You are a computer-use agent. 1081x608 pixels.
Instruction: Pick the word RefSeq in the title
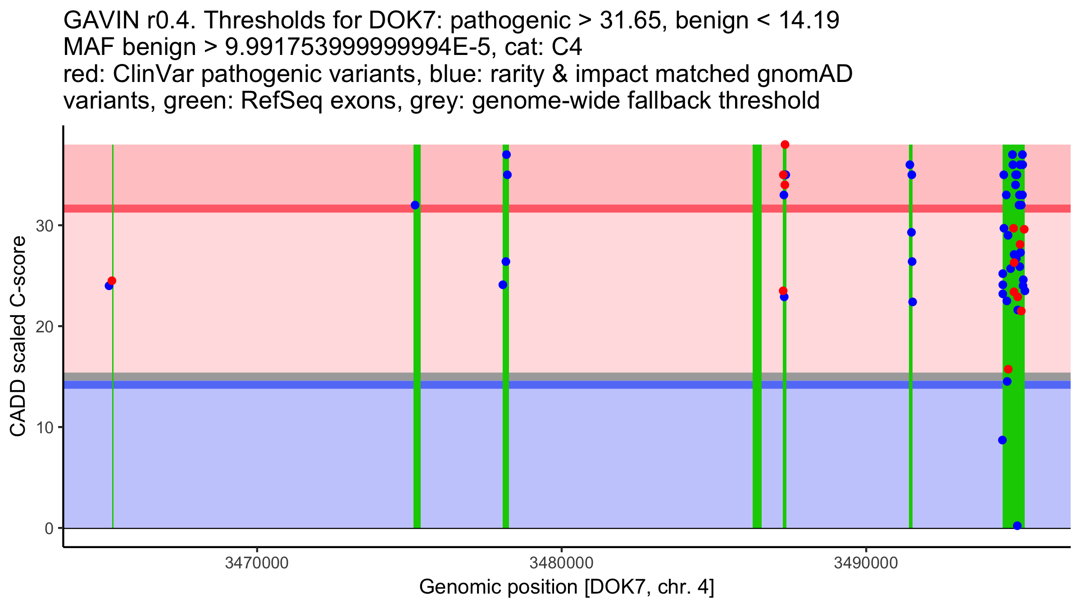point(282,100)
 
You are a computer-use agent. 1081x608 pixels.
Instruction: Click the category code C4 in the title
point(567,47)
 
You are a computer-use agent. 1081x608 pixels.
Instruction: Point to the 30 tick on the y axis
point(45,226)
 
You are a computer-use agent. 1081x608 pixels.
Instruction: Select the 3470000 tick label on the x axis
point(257,563)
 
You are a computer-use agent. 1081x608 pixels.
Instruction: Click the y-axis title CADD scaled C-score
point(18,337)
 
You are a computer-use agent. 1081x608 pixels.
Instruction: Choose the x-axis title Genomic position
point(498,587)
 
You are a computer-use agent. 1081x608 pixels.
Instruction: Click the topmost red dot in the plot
point(785,145)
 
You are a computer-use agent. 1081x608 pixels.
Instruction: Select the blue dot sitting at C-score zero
point(1017,526)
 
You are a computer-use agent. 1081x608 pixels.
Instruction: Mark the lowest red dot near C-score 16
point(1008,369)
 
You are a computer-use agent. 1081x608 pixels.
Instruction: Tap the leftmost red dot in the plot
point(112,281)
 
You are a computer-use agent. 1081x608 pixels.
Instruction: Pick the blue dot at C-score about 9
point(1002,440)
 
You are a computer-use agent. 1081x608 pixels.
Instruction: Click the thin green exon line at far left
point(113,405)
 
